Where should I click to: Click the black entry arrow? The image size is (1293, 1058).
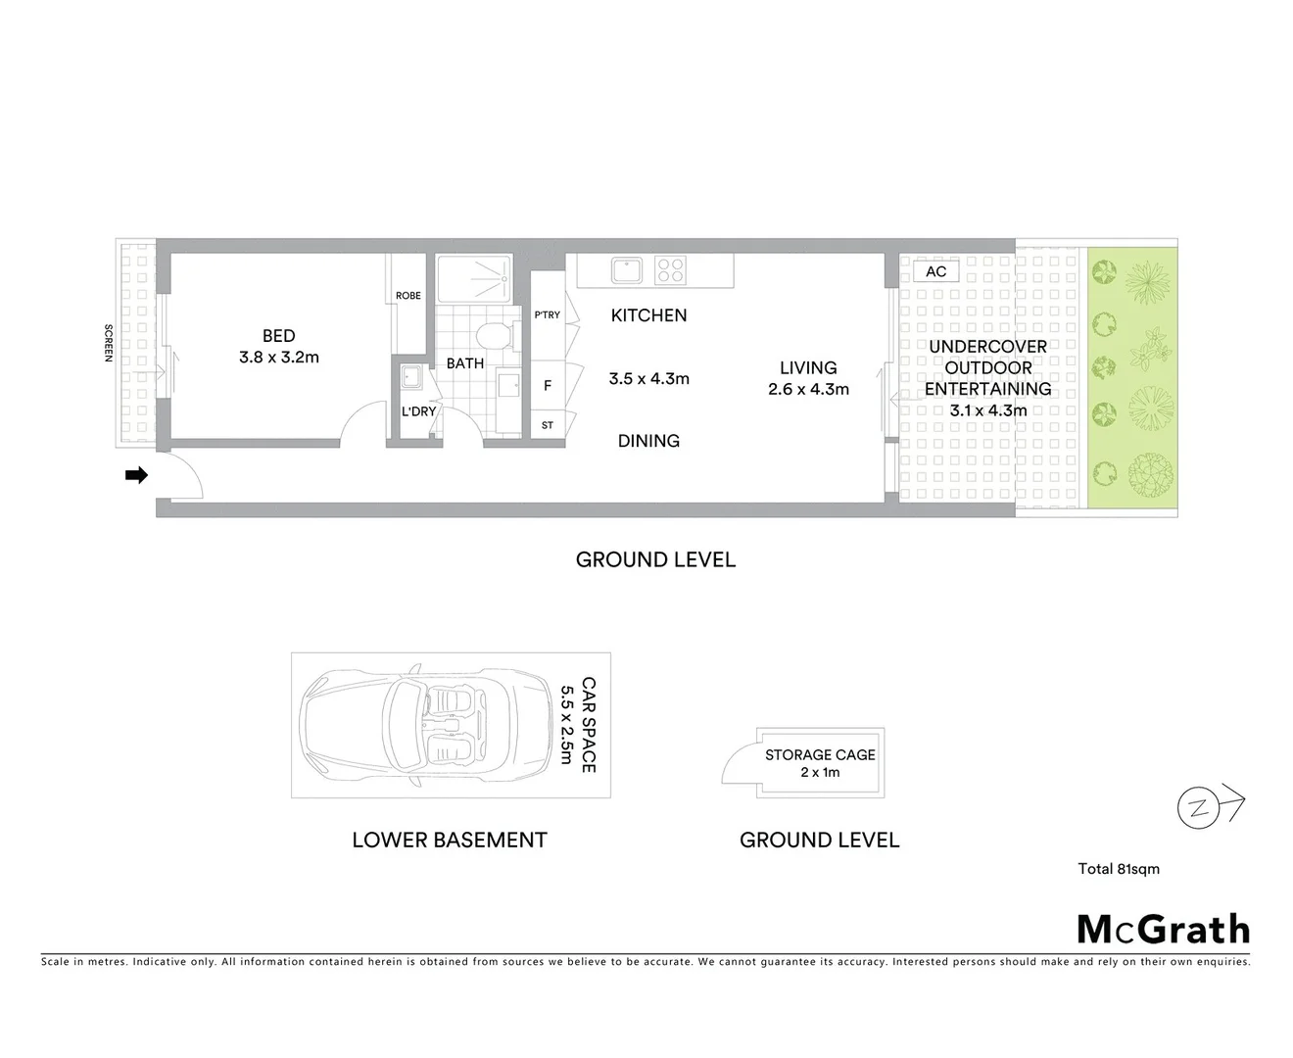point(136,475)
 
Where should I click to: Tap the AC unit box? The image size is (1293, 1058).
point(935,271)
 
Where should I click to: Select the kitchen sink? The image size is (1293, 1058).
point(625,269)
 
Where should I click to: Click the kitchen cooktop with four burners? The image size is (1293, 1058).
point(670,269)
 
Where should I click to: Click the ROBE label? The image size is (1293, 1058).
point(408,296)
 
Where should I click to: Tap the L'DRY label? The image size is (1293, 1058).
point(418,411)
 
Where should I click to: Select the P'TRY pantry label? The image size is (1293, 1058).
point(548,315)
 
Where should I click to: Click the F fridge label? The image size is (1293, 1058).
point(548,386)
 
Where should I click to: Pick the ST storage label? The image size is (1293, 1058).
point(548,426)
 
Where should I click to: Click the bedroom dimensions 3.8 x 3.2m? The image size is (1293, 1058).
point(279,358)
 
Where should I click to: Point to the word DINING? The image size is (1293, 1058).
point(648,441)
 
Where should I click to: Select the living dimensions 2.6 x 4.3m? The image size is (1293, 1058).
point(808,389)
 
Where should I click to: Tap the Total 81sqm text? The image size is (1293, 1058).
point(1119,869)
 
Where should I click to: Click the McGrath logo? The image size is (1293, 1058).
point(1163,929)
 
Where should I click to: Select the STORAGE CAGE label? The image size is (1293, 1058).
point(820,755)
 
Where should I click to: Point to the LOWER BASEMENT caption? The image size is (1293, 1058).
point(450,840)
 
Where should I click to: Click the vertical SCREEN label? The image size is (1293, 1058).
point(109,343)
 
